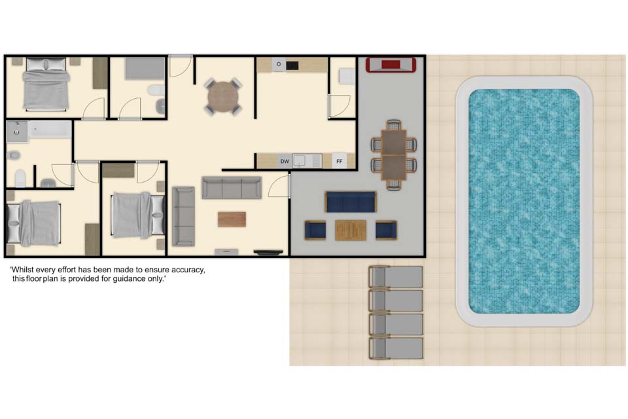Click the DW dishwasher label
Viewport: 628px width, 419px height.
[285, 161]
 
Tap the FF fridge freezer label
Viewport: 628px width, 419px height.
[340, 161]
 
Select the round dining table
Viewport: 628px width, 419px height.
[222, 96]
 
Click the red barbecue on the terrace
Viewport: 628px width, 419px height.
[391, 65]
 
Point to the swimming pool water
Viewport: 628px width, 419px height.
[524, 201]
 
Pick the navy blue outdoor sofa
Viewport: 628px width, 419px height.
[351, 202]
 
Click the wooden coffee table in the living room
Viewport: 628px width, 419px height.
[232, 219]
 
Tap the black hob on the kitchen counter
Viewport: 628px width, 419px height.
[292, 65]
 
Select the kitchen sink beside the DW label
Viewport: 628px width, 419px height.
[299, 161]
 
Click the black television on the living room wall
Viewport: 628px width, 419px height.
[268, 252]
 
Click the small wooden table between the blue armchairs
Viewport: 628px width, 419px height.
[351, 230]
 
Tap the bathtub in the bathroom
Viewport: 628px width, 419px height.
[50, 130]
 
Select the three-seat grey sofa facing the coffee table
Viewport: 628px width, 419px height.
[232, 188]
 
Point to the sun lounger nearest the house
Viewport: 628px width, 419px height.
[396, 277]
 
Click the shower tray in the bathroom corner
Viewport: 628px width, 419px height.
[17, 132]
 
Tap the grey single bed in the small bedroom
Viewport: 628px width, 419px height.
[145, 68]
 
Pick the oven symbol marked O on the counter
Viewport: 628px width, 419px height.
[279, 64]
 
